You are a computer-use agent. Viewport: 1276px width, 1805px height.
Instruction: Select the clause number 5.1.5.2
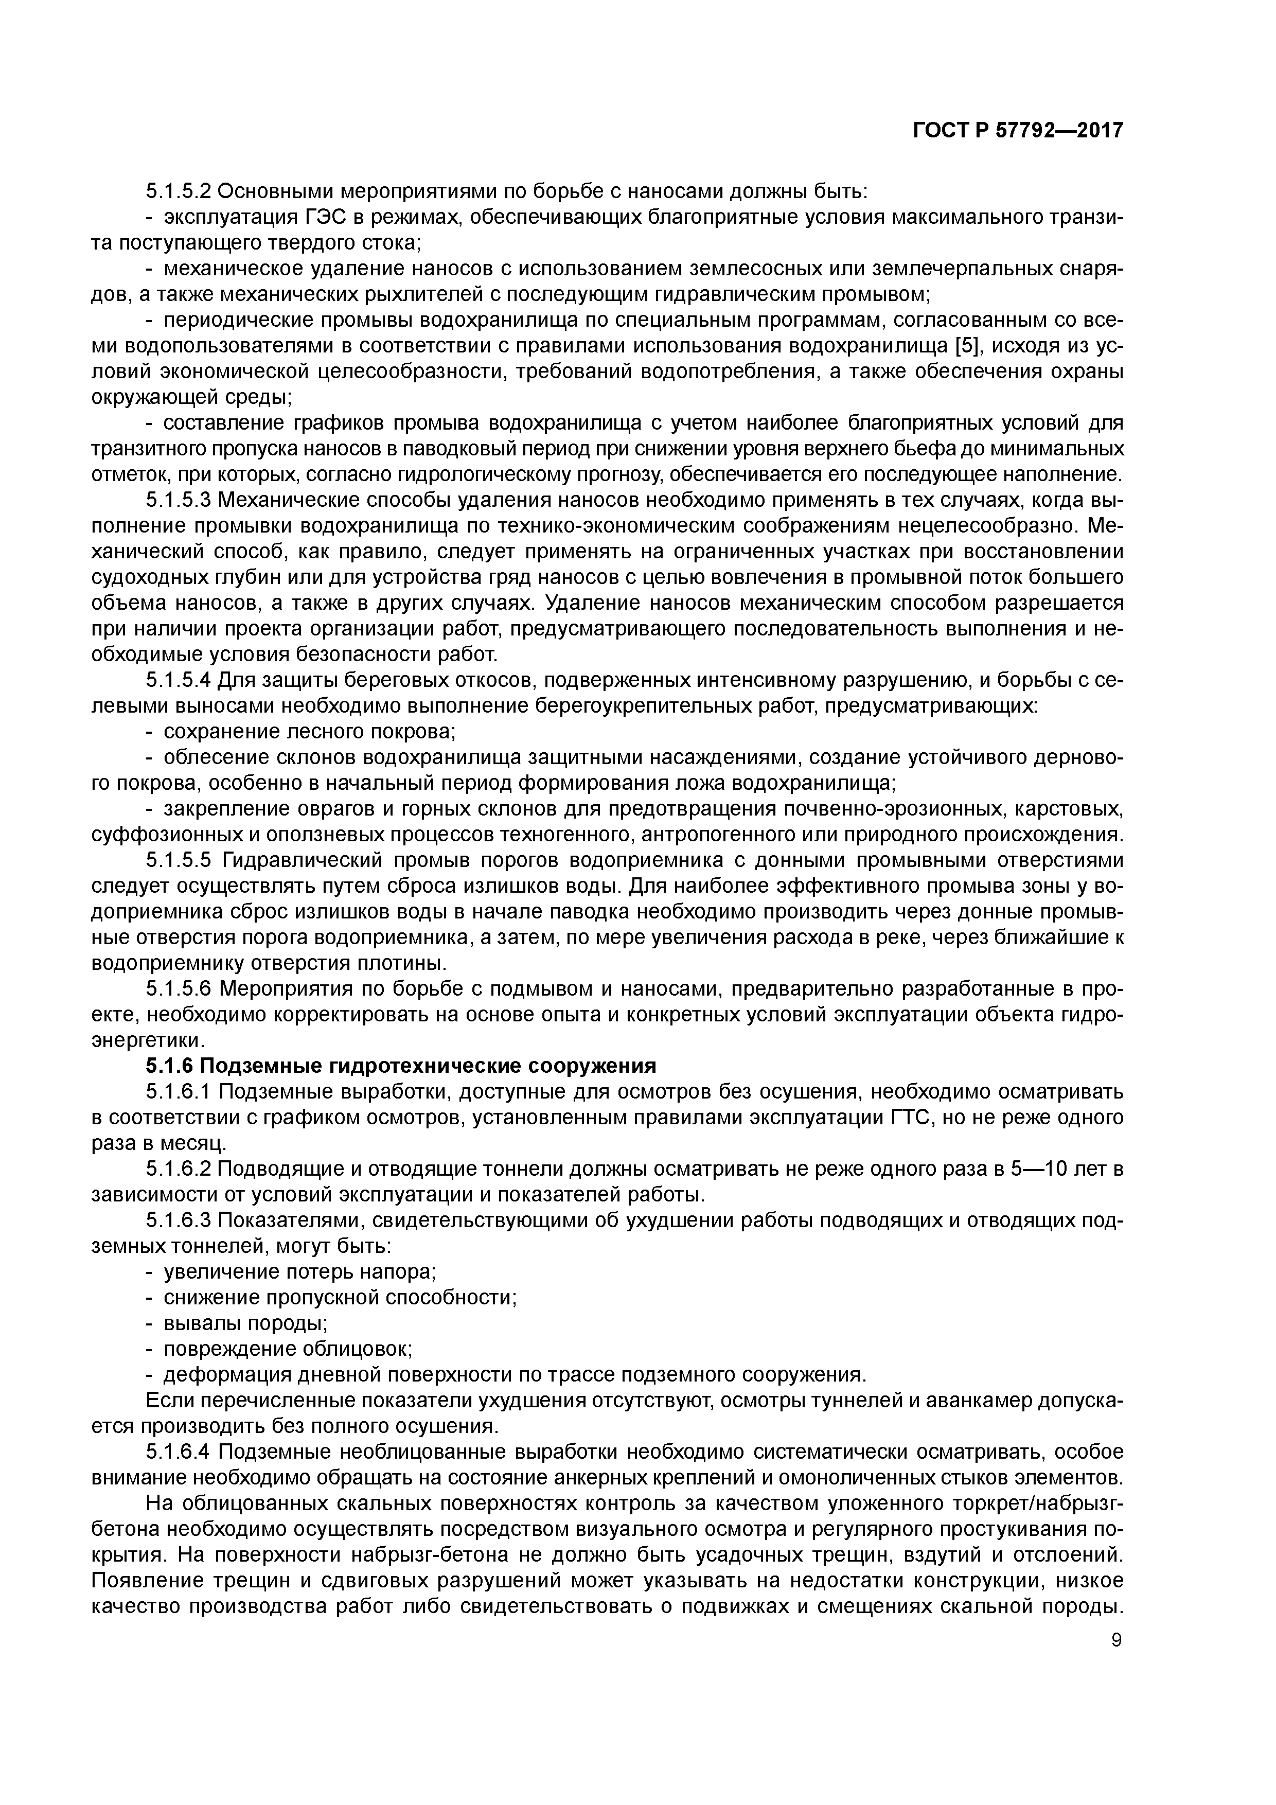click(179, 191)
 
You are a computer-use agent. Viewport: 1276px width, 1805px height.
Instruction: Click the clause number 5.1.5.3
click(179, 500)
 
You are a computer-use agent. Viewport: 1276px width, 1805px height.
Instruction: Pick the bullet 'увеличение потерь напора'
click(299, 1272)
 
